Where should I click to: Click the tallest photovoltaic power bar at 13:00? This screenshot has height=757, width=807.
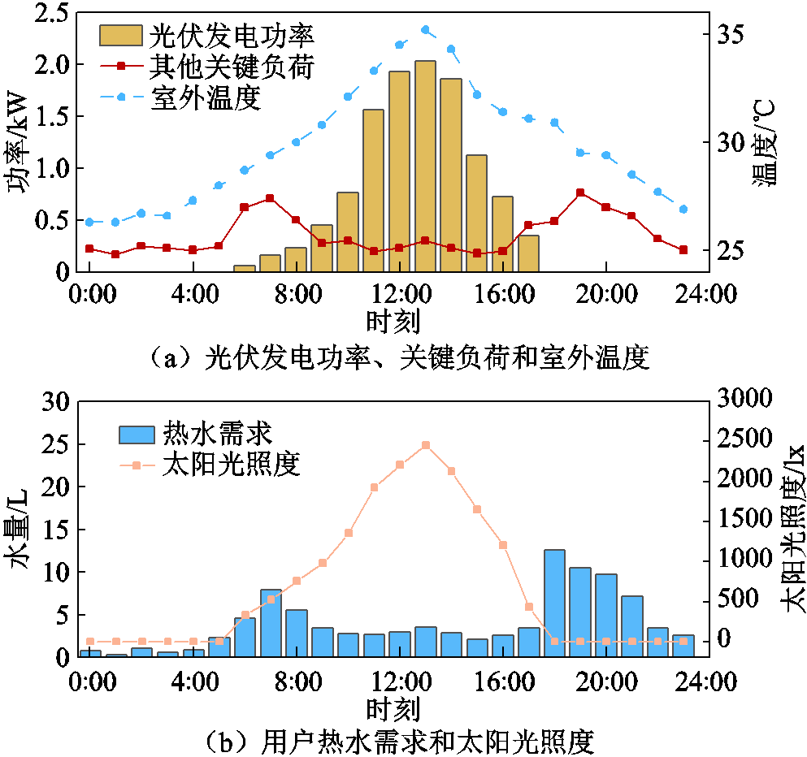425,166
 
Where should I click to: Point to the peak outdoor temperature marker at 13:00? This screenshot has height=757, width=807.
425,30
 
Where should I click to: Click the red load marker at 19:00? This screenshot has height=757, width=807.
580,192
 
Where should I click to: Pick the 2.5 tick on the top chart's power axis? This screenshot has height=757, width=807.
53,12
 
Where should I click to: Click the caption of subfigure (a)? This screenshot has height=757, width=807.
397,357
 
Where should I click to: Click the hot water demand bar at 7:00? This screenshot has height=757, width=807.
271,623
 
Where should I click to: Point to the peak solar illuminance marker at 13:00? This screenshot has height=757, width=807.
425,445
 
